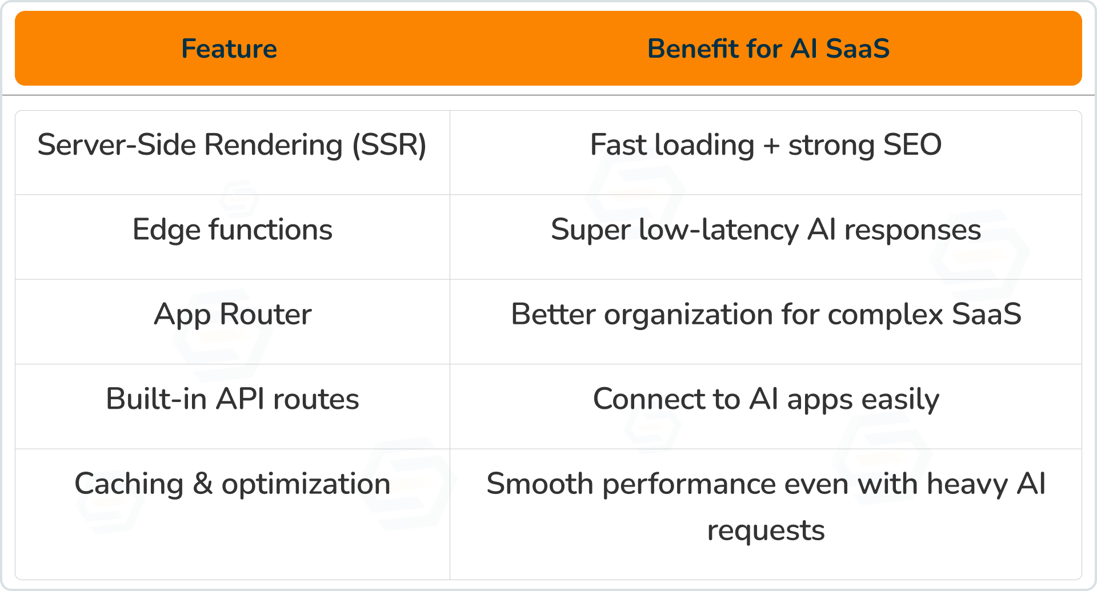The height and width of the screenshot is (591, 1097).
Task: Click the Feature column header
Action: (x=229, y=49)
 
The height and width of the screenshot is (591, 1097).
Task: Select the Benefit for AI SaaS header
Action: (x=768, y=49)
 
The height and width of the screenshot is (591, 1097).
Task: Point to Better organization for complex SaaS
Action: (x=766, y=315)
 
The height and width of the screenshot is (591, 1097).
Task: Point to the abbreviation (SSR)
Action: (x=389, y=145)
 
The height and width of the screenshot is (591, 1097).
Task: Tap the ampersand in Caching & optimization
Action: (x=203, y=484)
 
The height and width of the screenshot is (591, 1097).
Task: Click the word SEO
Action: (x=912, y=144)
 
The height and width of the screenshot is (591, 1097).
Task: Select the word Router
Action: (x=266, y=314)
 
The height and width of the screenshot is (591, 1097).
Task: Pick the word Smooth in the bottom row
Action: (x=540, y=484)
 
